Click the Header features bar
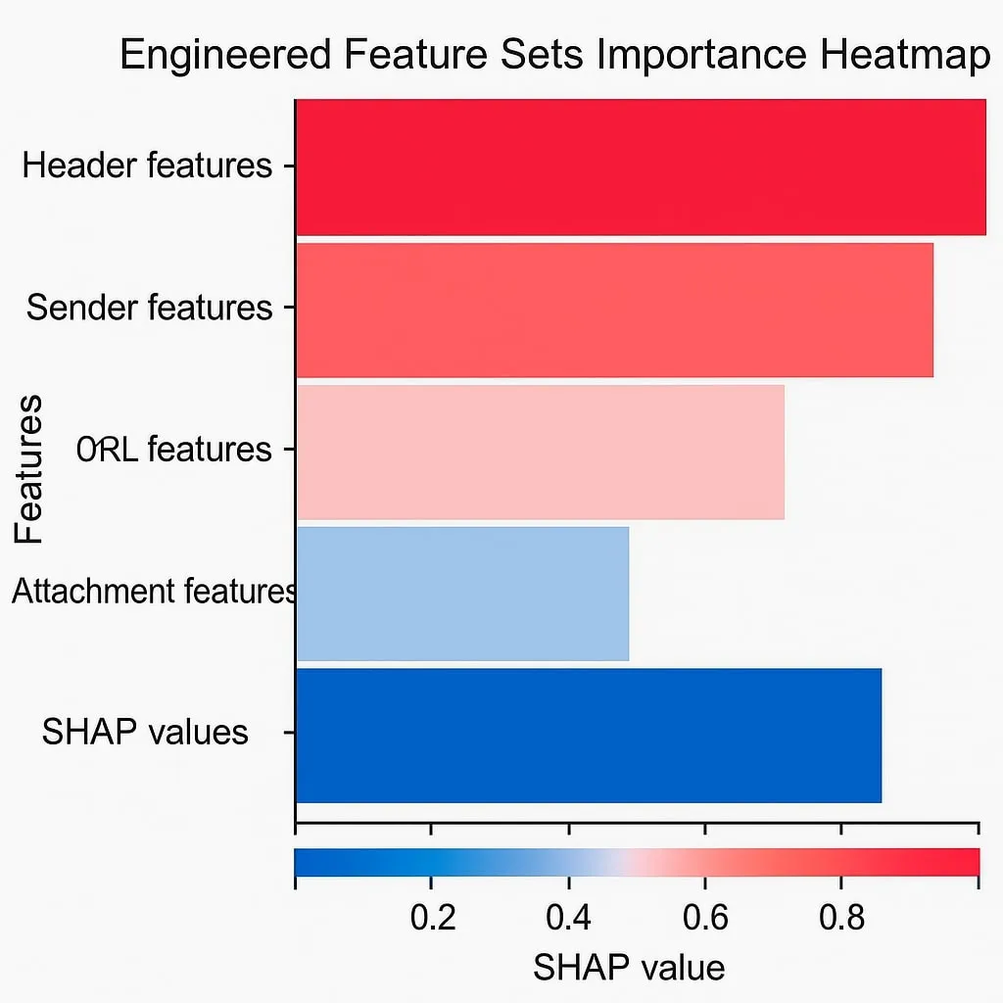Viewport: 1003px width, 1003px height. [641, 167]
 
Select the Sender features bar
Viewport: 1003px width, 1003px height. [614, 310]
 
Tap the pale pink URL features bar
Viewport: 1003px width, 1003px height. [540, 452]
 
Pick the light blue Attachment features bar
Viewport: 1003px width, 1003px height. [462, 594]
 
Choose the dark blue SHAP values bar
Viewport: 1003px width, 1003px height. [588, 735]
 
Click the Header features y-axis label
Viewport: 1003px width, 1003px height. [147, 166]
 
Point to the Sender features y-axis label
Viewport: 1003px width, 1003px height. [149, 308]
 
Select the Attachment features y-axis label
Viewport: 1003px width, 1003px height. [153, 592]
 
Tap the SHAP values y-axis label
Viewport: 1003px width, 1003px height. [145, 733]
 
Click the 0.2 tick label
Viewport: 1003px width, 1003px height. [432, 919]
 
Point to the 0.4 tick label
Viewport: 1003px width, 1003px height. [568, 919]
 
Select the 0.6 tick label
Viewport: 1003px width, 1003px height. [705, 919]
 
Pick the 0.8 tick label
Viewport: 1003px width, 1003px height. [841, 919]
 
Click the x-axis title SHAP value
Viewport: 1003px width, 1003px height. [629, 968]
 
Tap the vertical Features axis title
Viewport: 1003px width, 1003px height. [29, 468]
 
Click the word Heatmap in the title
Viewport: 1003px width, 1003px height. [906, 56]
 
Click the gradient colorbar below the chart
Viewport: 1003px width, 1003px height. [637, 862]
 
